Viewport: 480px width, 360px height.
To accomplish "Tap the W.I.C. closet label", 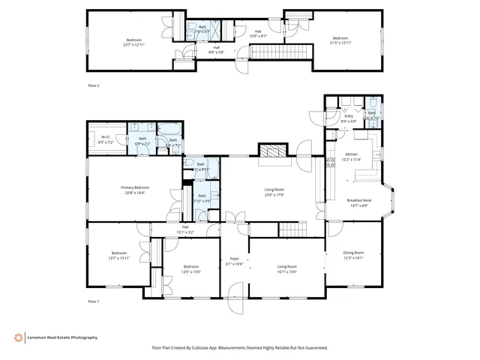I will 106,137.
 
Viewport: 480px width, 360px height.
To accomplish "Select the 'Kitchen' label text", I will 352,154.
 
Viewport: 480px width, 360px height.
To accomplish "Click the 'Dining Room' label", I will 353,253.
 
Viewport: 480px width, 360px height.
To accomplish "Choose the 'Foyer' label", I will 234,259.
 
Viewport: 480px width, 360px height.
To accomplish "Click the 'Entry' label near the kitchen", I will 349,116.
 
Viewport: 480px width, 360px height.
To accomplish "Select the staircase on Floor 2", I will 278,51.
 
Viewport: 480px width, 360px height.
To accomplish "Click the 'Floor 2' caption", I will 94,86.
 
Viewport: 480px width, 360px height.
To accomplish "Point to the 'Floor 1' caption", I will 94,301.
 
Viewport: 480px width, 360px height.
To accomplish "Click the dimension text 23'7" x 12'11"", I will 133,43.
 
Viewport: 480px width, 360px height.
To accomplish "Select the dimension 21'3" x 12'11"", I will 340,43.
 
